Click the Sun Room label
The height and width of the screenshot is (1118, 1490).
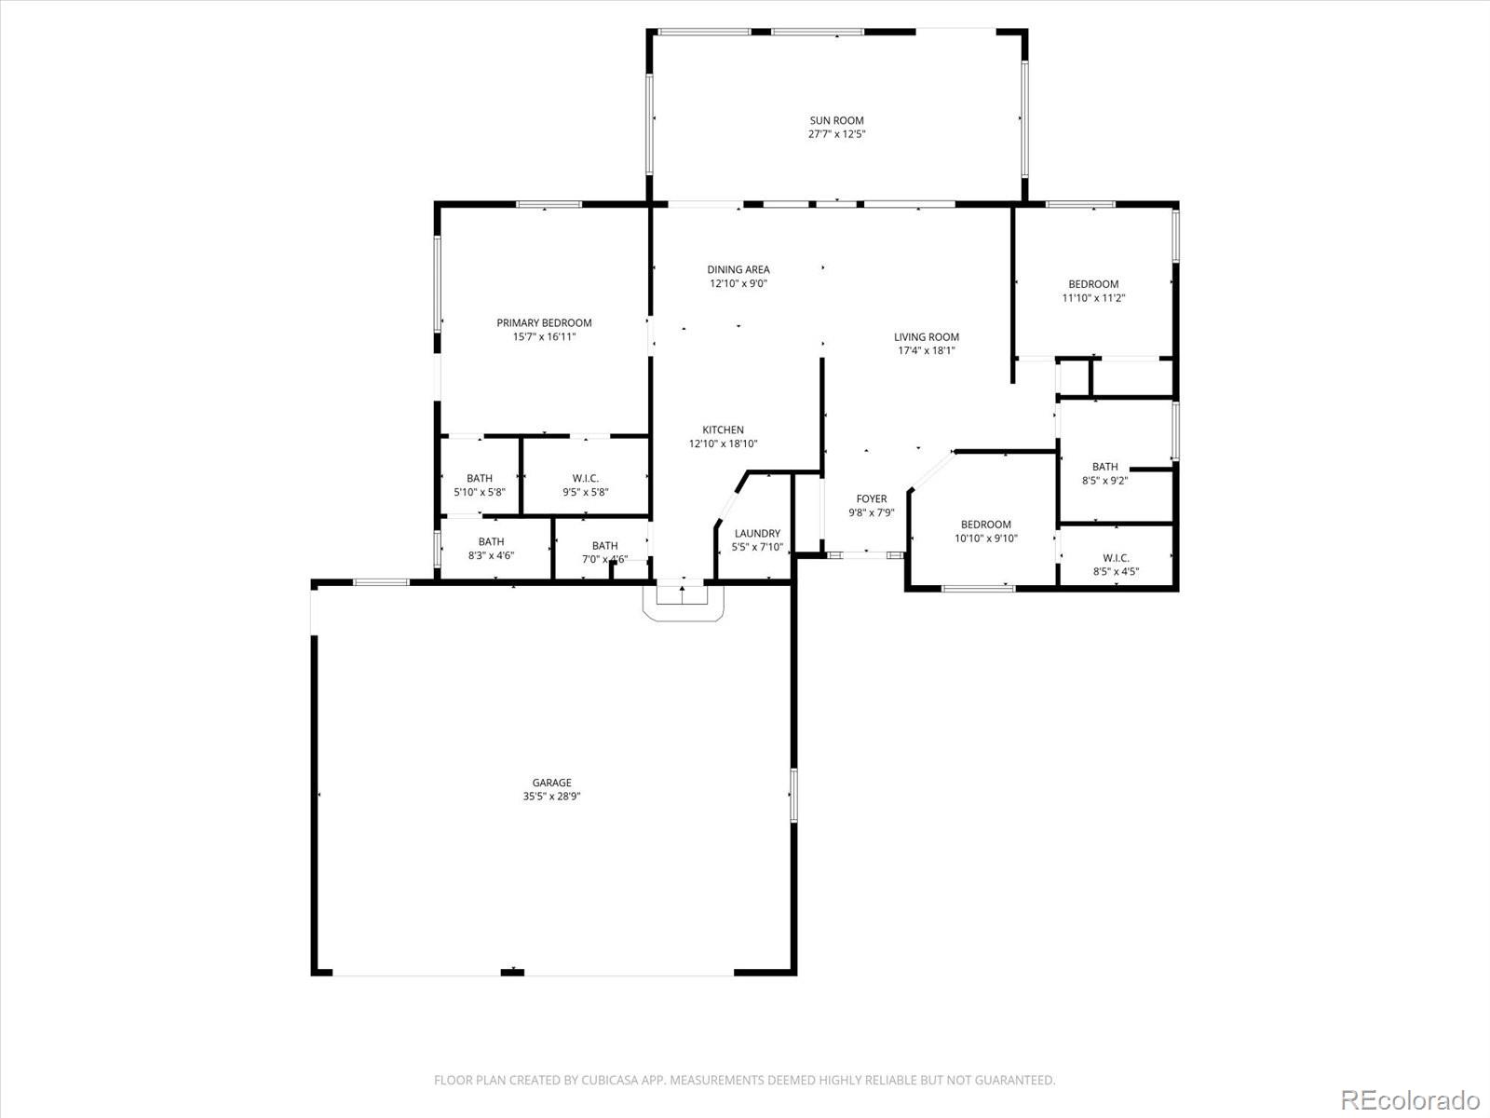point(836,120)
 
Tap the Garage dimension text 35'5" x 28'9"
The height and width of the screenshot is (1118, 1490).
point(551,797)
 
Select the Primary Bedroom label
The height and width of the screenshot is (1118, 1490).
point(544,323)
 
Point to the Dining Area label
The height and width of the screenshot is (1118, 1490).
point(738,270)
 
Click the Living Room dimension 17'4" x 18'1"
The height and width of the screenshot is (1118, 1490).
point(926,351)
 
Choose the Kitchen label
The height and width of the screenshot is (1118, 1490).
point(723,430)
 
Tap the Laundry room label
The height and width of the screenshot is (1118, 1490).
point(756,534)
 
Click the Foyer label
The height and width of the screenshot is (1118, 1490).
point(872,499)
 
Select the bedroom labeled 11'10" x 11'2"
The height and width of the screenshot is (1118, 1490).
point(1093,284)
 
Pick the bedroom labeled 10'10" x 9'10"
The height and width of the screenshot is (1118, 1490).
point(985,525)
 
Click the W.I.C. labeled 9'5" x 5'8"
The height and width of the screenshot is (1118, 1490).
point(585,479)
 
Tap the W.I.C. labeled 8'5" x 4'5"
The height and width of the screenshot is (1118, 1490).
point(1115,558)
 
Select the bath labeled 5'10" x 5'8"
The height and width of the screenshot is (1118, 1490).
point(480,479)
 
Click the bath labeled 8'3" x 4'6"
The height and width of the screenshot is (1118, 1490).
point(491,542)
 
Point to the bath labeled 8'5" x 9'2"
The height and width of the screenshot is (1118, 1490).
point(1104,467)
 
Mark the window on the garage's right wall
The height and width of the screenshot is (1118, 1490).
point(793,795)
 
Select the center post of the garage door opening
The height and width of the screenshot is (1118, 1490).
point(512,972)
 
